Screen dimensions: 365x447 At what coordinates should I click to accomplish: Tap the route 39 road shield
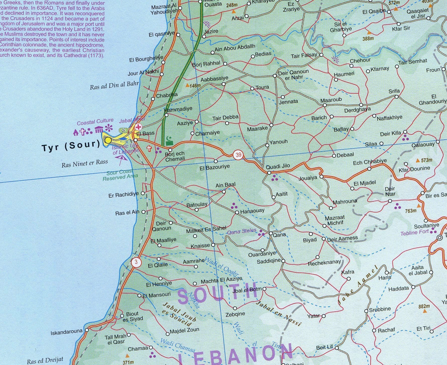pos(238,155)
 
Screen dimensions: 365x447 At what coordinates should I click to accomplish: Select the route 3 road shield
pos(136,262)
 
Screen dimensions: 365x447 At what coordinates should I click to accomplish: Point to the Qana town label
pos(280,235)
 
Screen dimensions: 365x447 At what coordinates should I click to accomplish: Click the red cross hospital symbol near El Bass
pos(138,127)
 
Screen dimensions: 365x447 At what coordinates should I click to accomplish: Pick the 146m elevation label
pos(195,86)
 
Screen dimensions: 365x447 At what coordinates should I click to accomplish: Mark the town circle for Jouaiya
pos(321,177)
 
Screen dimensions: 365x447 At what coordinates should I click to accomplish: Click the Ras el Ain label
pos(127,213)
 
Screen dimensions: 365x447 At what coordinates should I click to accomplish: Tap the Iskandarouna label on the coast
pos(67,333)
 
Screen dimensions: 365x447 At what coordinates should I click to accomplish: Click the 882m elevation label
pos(424,306)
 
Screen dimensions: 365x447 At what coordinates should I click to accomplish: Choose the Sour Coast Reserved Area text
pos(120,175)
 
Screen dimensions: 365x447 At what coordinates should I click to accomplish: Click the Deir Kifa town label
pos(390,133)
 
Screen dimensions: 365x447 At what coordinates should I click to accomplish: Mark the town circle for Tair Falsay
pos(321,55)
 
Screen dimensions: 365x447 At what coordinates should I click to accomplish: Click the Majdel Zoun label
pos(184,330)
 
